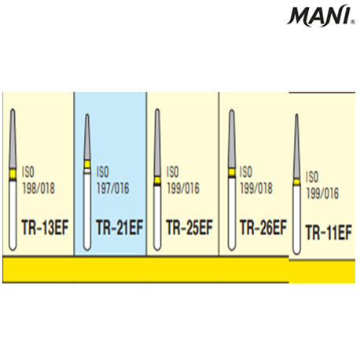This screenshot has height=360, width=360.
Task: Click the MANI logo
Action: [321, 16]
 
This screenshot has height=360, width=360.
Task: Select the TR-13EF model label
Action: [45, 227]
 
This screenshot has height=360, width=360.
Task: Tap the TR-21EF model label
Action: [119, 227]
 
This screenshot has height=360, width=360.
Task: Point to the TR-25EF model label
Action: [189, 227]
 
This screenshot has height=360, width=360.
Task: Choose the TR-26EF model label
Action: [263, 227]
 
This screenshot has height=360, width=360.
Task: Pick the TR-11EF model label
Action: [329, 233]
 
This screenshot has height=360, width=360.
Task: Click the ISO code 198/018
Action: [39, 189]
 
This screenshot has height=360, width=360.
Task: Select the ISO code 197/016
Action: [113, 189]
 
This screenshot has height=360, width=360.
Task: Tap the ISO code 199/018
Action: [256, 189]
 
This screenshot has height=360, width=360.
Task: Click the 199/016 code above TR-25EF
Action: [183, 189]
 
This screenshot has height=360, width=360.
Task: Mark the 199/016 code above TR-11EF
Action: [322, 193]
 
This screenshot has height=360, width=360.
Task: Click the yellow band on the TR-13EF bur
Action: [13, 174]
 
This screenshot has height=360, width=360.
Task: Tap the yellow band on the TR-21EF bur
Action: [87, 164]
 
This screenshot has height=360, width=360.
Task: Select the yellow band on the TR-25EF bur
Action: [157, 180]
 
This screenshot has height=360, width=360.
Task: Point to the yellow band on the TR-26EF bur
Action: [232, 172]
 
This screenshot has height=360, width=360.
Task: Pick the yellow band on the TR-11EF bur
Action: [296, 182]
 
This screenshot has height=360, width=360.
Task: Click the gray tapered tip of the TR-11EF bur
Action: [296, 147]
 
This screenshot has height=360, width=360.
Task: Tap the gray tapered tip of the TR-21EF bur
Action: [87, 137]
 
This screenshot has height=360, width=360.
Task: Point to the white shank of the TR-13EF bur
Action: [13, 215]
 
